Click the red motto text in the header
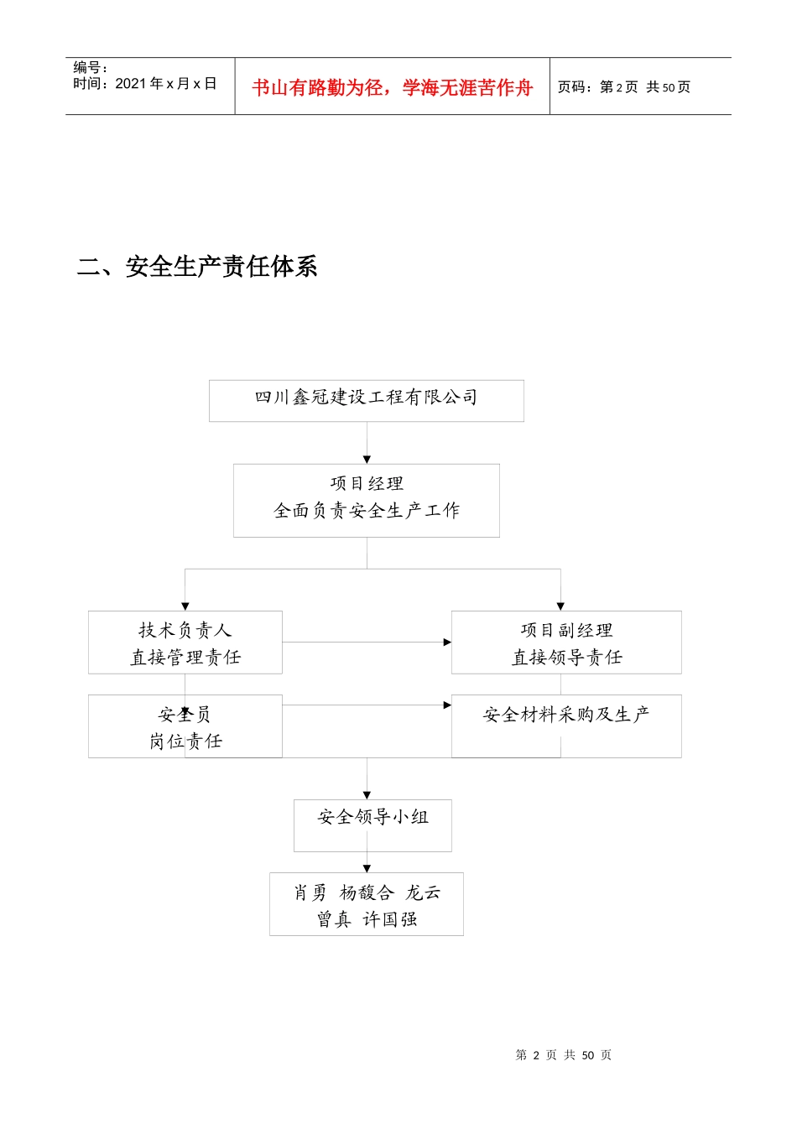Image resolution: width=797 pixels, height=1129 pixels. (x=392, y=87)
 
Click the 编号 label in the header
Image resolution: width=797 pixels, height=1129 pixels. (x=90, y=67)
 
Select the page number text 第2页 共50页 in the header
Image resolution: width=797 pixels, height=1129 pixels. (x=624, y=87)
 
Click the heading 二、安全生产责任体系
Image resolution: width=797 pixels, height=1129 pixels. (x=197, y=267)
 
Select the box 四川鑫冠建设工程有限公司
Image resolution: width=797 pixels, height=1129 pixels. (x=366, y=400)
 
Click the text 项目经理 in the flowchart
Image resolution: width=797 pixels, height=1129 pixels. (x=367, y=483)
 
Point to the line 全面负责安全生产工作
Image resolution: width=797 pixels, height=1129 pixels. (x=367, y=510)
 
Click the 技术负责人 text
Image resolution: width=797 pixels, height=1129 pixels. (x=185, y=630)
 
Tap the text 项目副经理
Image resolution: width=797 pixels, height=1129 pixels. (x=566, y=630)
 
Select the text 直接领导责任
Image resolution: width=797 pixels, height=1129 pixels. (x=566, y=658)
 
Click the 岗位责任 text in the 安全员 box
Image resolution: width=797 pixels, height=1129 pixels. (x=185, y=741)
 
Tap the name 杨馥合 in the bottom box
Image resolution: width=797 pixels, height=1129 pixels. (x=367, y=892)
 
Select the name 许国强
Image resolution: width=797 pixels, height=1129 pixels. (x=389, y=919)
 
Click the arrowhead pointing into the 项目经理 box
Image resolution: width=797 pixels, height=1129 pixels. (x=367, y=459)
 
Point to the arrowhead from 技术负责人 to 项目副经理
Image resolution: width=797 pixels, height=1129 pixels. (x=447, y=643)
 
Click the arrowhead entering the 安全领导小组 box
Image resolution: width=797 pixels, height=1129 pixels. (x=367, y=794)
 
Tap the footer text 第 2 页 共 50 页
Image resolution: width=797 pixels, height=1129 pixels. (x=563, y=1054)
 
